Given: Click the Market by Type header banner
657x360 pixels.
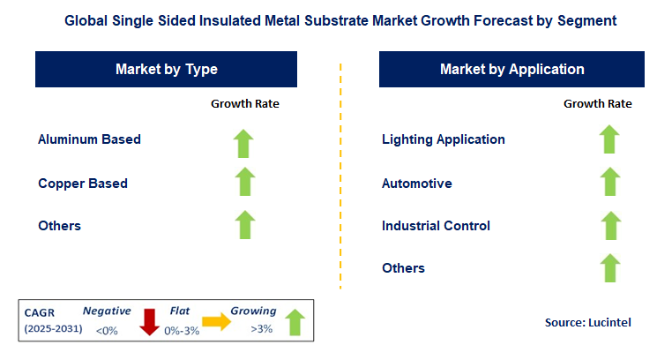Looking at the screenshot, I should (166, 69).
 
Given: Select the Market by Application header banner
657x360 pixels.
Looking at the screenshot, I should (511, 69).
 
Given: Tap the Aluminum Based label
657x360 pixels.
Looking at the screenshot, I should (89, 139).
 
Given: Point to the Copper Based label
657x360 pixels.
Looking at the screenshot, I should (83, 184).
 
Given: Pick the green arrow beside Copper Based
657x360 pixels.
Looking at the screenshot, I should (245, 182).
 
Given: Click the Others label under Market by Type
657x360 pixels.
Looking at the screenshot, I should (59, 226).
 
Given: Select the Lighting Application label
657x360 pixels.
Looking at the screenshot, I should (444, 139).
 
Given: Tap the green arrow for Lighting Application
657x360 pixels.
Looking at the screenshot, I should (608, 139).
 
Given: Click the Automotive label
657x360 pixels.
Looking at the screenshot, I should (417, 184).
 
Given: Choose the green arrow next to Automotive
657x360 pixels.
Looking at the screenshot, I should (608, 182).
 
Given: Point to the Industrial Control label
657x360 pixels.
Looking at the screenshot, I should (436, 226).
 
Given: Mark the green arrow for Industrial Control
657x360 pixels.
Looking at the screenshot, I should (608, 225).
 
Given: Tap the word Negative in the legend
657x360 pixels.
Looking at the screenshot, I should (107, 311).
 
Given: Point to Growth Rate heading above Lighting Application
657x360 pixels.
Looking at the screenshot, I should (598, 104).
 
